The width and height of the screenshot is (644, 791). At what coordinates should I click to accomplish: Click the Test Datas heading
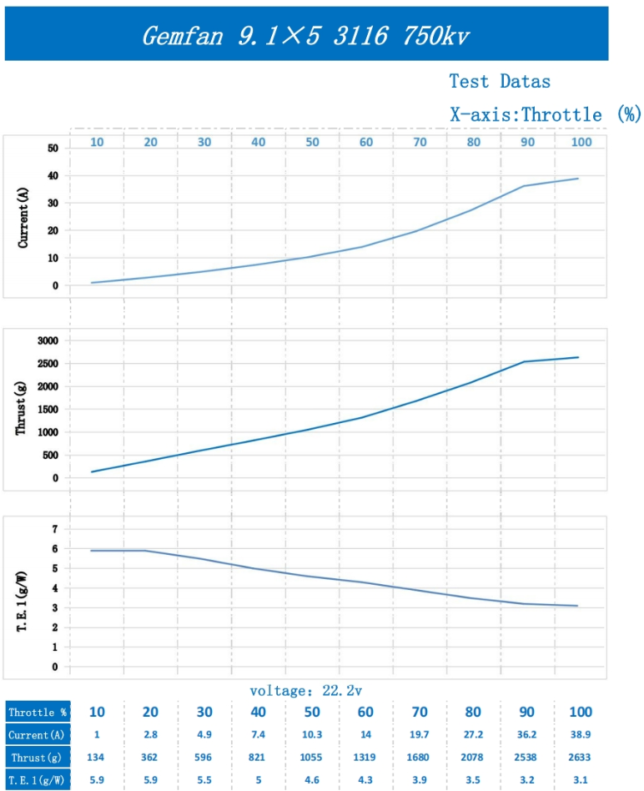click(500, 81)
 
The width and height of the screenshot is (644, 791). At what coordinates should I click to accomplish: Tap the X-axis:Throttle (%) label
click(545, 114)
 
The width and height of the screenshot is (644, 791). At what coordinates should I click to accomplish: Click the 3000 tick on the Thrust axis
click(45, 340)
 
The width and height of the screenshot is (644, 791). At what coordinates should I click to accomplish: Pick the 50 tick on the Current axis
click(53, 148)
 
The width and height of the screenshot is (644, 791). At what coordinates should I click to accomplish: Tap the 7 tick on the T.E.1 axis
click(55, 529)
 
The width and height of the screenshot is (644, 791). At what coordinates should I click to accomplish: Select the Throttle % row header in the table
click(37, 713)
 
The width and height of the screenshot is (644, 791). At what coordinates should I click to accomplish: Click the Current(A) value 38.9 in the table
click(581, 735)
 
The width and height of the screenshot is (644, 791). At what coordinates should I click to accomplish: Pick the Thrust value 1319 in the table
click(365, 758)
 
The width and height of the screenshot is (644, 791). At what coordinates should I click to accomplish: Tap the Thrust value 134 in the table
click(97, 758)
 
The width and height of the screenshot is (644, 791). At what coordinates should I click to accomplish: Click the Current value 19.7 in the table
click(420, 735)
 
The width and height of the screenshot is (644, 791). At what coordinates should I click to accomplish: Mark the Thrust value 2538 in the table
click(527, 758)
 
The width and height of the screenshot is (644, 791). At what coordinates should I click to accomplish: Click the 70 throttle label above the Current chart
click(420, 142)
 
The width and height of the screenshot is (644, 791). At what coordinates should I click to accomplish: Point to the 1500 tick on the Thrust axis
click(45, 409)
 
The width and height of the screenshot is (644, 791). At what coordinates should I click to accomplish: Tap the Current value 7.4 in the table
click(258, 735)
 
